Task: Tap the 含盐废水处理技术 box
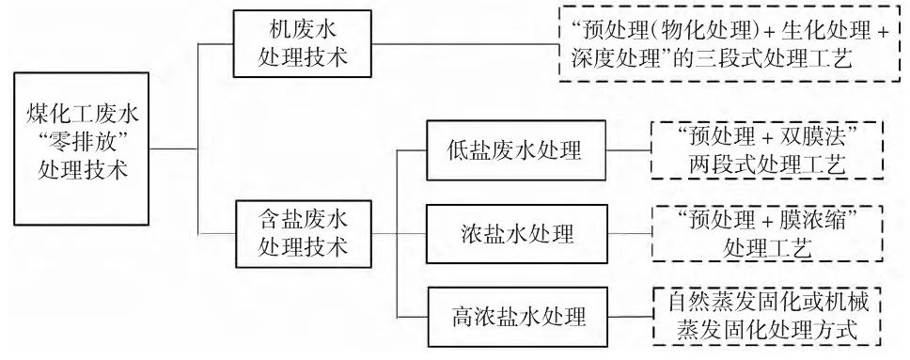click(304, 235)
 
